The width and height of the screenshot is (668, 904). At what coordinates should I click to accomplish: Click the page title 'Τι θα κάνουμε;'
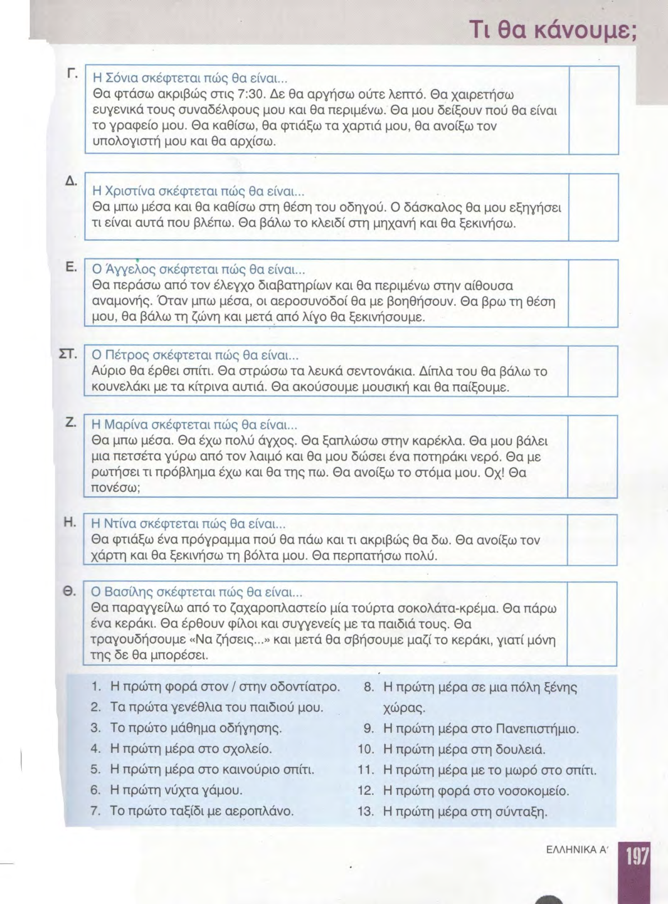(552, 27)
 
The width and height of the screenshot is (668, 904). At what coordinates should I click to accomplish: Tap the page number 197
(637, 857)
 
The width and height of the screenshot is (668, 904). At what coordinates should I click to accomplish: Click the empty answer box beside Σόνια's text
(594, 110)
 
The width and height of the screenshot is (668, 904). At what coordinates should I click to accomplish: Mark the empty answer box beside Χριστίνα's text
(594, 207)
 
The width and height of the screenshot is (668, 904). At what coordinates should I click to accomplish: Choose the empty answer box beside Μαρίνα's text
(592, 456)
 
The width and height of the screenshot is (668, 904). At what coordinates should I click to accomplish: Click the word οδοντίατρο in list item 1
(305, 687)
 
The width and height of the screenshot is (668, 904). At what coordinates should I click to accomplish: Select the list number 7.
(96, 811)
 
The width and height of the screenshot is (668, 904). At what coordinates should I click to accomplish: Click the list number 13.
(366, 812)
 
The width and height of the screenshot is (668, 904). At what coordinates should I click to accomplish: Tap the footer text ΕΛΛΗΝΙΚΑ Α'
(576, 850)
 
